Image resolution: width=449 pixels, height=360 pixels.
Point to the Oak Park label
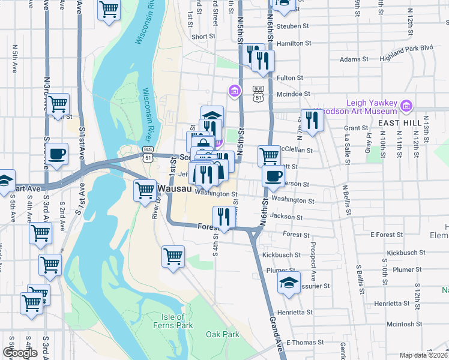click(x=222, y=334)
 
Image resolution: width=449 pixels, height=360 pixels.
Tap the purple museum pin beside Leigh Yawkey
click(x=407, y=106)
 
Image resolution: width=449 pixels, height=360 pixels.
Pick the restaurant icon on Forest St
click(x=223, y=217)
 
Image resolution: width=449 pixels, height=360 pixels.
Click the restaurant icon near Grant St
click(x=312, y=119)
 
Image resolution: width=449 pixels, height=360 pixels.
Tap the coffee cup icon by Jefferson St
click(x=274, y=176)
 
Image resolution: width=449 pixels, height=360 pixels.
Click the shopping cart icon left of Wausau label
click(x=145, y=191)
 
